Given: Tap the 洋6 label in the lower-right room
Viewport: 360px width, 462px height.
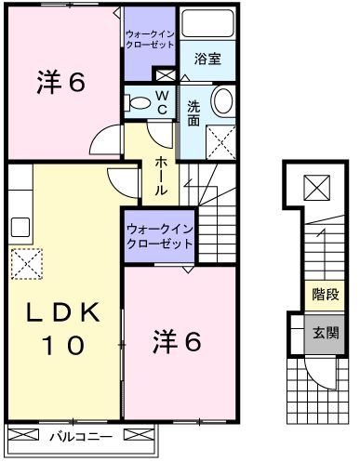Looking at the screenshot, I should coord(178,343).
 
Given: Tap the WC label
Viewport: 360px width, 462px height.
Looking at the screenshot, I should coord(162,102).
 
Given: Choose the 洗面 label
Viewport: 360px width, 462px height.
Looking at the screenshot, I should coord(193,112).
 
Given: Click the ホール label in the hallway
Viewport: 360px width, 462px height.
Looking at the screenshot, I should coord(161,176).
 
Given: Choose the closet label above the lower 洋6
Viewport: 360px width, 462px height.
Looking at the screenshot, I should coord(159,234).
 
